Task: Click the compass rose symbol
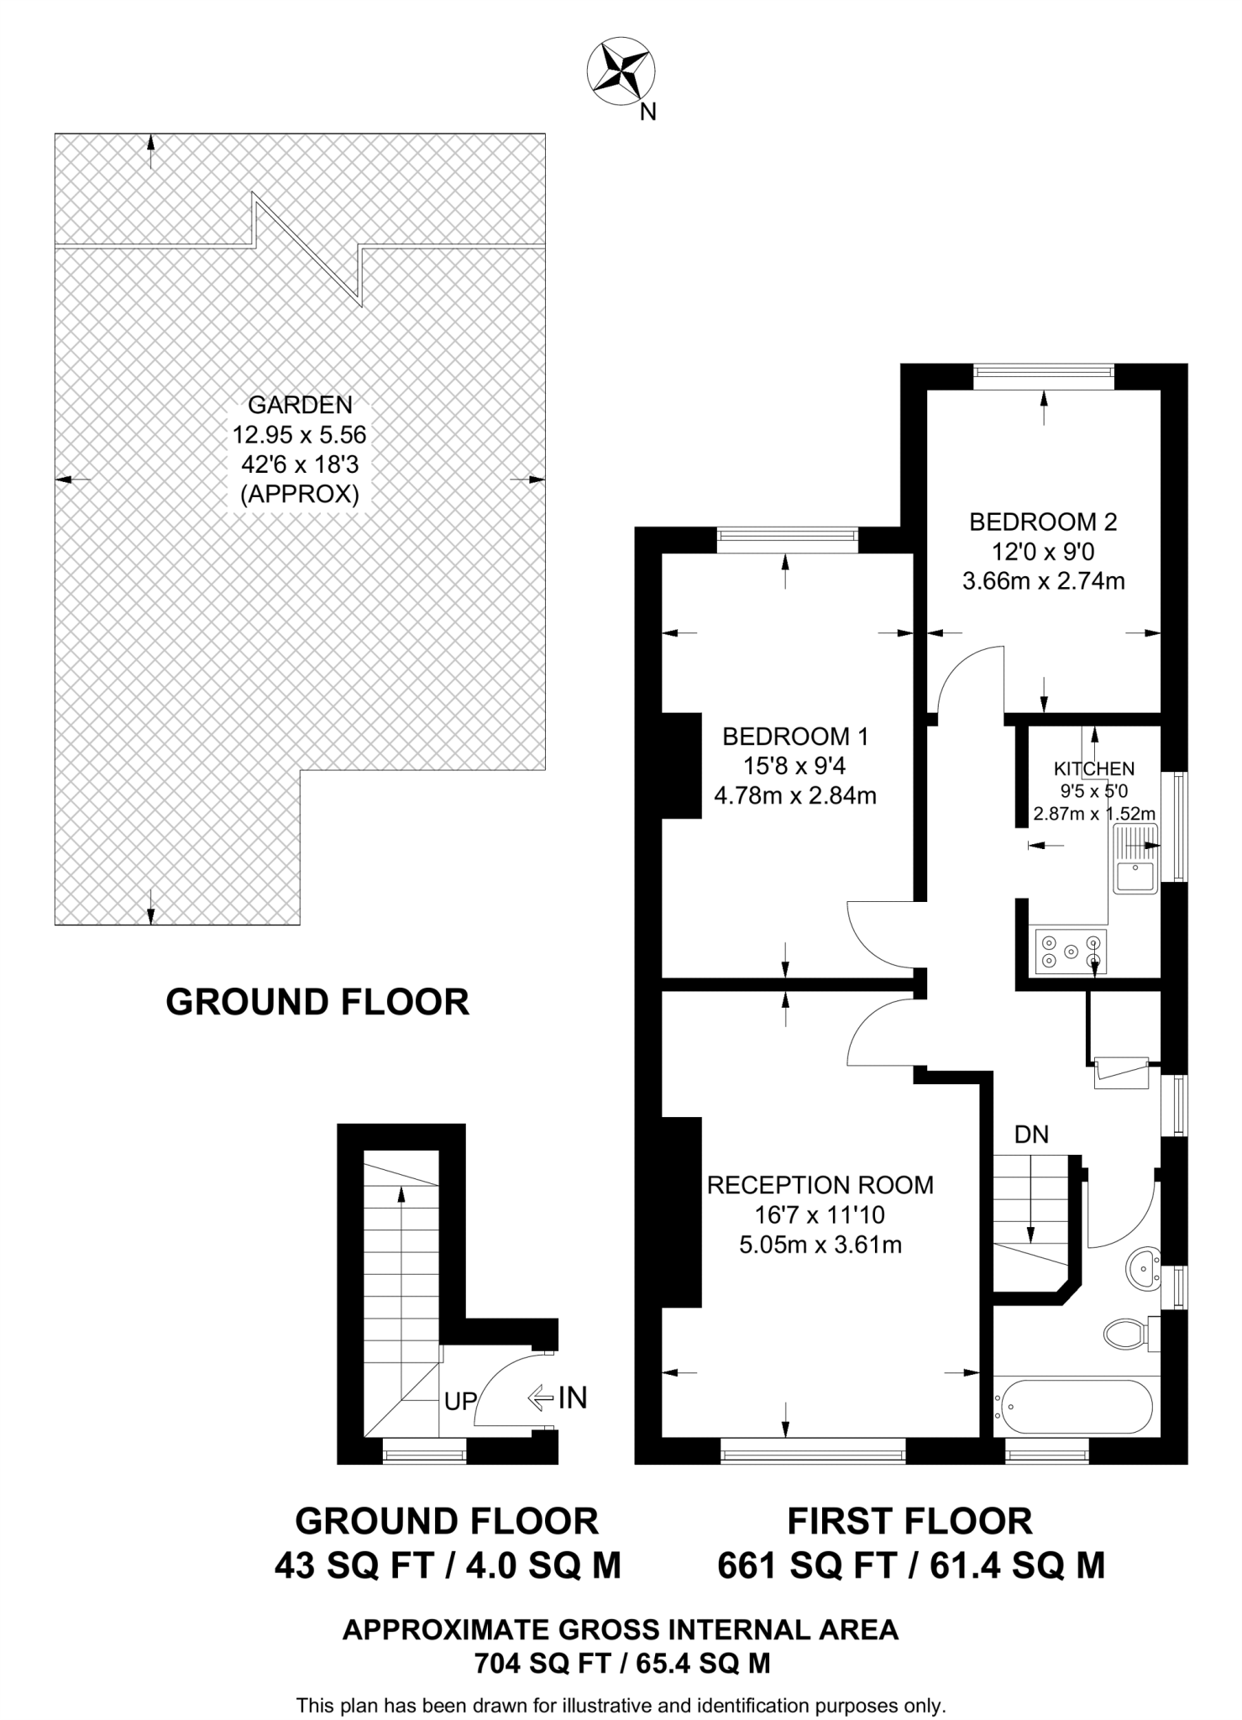pyautogui.click(x=621, y=73)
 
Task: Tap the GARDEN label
pyautogui.click(x=300, y=405)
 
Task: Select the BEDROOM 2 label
pyautogui.click(x=1043, y=522)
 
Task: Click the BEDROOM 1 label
pyautogui.click(x=795, y=737)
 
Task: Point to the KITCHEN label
pyautogui.click(x=1094, y=768)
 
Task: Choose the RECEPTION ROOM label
pyautogui.click(x=820, y=1185)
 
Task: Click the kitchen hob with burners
pyautogui.click(x=1071, y=952)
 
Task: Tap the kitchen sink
pyautogui.click(x=1135, y=857)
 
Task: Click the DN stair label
pyautogui.click(x=1031, y=1135)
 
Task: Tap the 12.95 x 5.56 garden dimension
pyautogui.click(x=300, y=435)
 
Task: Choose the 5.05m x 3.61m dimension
pyautogui.click(x=820, y=1245)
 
